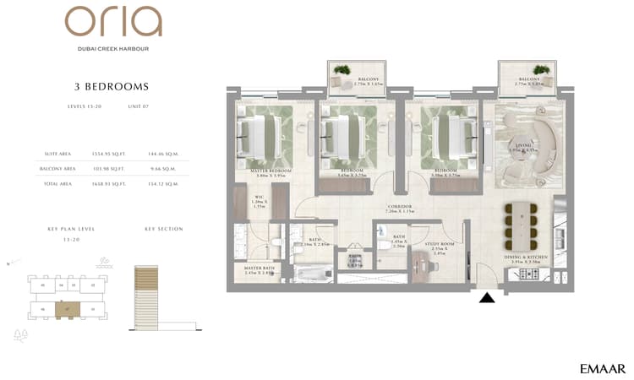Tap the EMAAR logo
[603, 368]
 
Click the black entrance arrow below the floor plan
[487, 296]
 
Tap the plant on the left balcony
[342, 71]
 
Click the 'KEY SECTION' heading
[163, 229]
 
